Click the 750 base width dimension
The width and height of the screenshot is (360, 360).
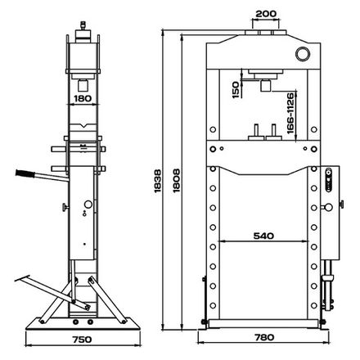coord(82,340)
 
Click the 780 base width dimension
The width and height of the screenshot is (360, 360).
coord(264,337)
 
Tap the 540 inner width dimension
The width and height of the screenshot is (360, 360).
coord(263,236)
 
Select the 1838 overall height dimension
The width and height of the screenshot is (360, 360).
coord(158,182)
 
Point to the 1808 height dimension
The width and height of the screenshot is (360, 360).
coord(177,181)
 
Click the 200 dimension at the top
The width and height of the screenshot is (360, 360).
coord(266,13)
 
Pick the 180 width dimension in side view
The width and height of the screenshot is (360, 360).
coord(83,98)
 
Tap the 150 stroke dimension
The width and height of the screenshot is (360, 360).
coord(236,90)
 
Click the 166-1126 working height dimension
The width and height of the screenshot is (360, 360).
coord(291,113)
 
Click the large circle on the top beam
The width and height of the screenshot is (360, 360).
coord(303,54)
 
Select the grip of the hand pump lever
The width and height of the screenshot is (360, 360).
coord(25,173)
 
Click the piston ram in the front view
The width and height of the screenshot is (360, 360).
coord(265,85)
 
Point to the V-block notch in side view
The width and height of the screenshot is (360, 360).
coord(83,126)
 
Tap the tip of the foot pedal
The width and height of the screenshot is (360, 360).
coord(16,280)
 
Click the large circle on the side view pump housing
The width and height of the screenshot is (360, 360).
coord(88,205)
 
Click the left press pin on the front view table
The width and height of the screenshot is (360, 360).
coord(256,132)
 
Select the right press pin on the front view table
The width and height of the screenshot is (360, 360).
coord(273,132)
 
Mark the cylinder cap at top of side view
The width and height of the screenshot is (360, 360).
coord(83,33)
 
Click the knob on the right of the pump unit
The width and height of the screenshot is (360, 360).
coord(341,205)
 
